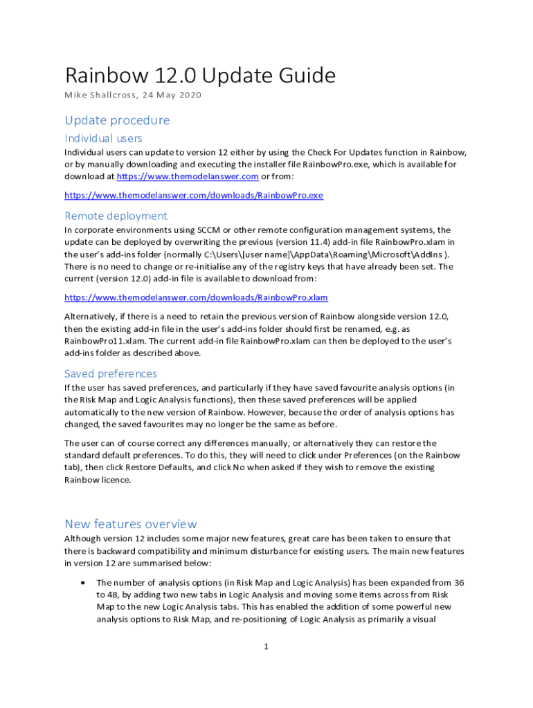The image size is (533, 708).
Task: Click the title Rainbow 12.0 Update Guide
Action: (x=200, y=75)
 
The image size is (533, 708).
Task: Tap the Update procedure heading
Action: (x=117, y=120)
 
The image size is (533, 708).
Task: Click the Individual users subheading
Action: (x=103, y=138)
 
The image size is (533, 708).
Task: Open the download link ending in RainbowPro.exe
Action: (x=194, y=195)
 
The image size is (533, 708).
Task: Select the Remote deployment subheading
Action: (x=116, y=216)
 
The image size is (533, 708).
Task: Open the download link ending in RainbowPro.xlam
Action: (x=196, y=297)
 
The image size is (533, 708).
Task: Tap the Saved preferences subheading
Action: (x=111, y=373)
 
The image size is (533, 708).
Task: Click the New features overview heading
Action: (x=131, y=523)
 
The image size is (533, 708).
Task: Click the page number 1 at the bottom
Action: (x=266, y=646)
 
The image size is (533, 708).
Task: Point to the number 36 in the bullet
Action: (x=458, y=583)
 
